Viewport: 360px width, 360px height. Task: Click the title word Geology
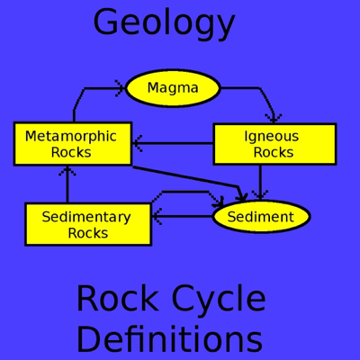click(x=164, y=22)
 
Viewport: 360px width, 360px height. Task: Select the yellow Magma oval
click(x=173, y=88)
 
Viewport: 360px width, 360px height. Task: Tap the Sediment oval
click(x=260, y=217)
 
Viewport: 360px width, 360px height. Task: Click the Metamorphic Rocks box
click(x=72, y=144)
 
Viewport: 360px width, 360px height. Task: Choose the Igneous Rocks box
click(x=274, y=144)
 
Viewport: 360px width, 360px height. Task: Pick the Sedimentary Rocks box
click(x=87, y=224)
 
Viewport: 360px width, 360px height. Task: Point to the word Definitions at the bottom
click(x=169, y=339)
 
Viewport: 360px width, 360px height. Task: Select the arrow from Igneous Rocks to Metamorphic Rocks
click(x=173, y=143)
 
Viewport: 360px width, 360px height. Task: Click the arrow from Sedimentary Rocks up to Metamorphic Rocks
click(x=67, y=184)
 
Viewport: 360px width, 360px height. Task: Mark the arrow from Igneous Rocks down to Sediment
click(x=260, y=183)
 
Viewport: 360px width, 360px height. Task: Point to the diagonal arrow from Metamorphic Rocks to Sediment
click(x=189, y=179)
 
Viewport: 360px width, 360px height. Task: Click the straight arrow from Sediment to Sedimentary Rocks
click(x=183, y=216)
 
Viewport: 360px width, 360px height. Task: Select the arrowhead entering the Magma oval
click(x=118, y=88)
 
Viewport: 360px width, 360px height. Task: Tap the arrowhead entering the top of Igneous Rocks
click(x=273, y=117)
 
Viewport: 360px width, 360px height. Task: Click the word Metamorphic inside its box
click(x=71, y=137)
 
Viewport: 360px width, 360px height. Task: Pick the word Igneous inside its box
click(x=272, y=137)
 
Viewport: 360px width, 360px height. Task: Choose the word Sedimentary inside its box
click(x=86, y=217)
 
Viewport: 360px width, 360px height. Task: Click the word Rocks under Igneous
click(x=274, y=152)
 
